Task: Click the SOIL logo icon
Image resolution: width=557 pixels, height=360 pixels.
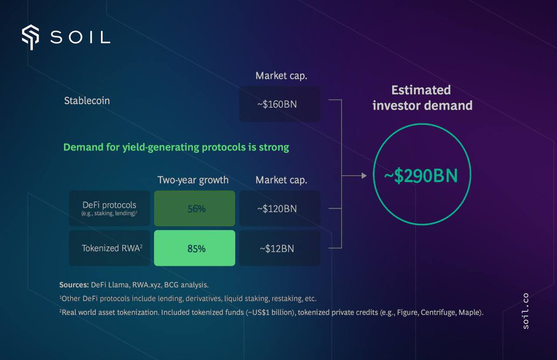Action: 31,37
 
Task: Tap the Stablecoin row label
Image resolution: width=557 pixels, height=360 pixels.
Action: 87,101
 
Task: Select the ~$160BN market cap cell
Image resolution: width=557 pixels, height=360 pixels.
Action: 279,104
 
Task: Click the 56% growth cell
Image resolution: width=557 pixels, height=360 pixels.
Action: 194,208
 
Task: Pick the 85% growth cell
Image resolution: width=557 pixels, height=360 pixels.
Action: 194,248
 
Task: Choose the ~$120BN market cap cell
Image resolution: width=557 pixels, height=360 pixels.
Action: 279,208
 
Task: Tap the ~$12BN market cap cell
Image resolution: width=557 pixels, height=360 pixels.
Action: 279,248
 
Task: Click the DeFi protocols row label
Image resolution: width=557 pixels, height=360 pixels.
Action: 110,208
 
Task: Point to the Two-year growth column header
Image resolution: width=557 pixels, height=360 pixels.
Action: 193,180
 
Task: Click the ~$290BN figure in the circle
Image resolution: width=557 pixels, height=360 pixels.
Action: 421,176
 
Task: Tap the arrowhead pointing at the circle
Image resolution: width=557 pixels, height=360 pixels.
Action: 364,176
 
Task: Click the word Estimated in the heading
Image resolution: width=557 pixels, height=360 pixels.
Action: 421,90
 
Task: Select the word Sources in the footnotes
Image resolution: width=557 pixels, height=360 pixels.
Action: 74,285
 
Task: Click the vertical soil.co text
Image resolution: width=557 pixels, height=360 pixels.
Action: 525,311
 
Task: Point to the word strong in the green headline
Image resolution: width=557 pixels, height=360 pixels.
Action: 274,147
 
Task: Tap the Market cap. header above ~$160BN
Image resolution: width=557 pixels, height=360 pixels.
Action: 281,76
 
